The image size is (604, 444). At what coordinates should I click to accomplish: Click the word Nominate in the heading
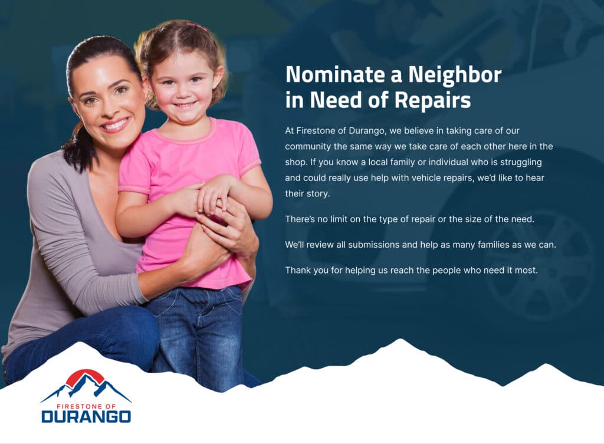tap(335, 74)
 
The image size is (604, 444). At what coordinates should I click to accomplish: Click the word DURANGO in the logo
tap(86, 417)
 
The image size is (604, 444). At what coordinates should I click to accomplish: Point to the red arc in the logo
tap(86, 374)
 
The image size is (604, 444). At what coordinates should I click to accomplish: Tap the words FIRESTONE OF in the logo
tap(86, 406)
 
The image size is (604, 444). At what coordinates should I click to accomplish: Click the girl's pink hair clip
tap(196, 27)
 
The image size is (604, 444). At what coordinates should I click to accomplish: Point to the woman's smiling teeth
tap(115, 125)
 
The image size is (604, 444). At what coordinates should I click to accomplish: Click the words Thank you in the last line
tap(307, 270)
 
